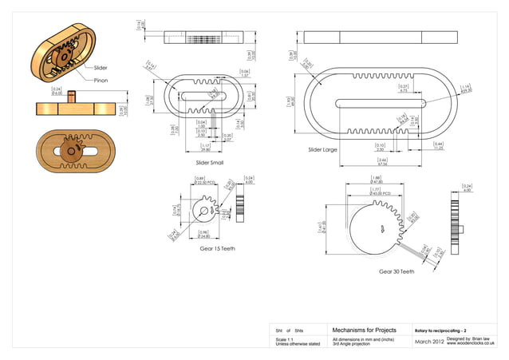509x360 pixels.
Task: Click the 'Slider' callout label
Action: pos(101,69)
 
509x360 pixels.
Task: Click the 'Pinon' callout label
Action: pos(101,81)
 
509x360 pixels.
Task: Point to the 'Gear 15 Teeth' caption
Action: pos(217,248)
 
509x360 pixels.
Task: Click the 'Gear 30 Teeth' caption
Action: pos(397,271)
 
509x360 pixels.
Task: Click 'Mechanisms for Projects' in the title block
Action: pos(363,330)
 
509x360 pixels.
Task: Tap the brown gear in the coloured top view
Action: pos(71,150)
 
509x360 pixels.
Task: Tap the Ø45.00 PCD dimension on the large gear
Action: pos(381,192)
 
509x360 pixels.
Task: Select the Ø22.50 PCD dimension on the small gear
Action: pos(205,181)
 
